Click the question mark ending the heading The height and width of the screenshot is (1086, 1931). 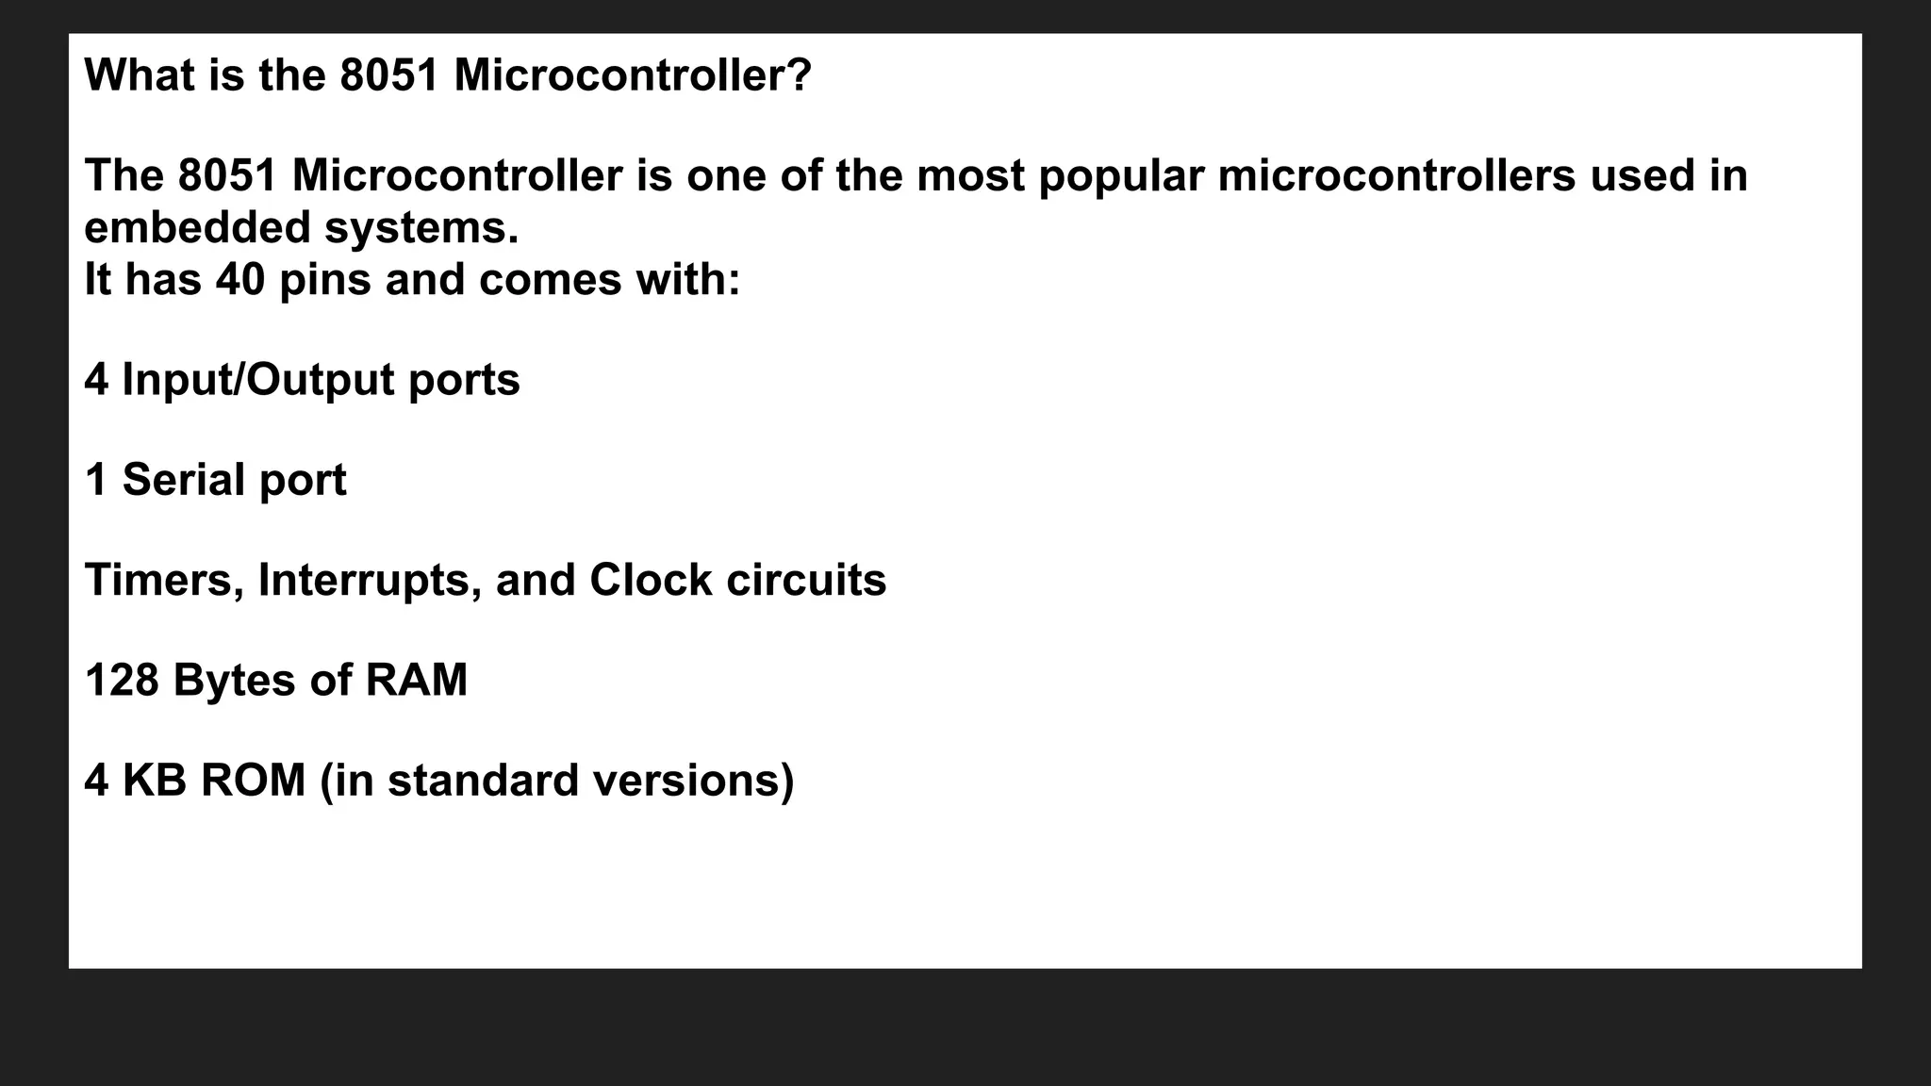800,75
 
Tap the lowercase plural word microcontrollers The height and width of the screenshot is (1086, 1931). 1396,175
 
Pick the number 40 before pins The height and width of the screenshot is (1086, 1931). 240,279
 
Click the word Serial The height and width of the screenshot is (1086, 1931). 183,480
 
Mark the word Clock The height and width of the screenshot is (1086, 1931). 650,580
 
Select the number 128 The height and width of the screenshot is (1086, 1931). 122,680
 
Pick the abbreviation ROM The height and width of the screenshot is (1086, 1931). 253,780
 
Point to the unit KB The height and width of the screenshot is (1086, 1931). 155,780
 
